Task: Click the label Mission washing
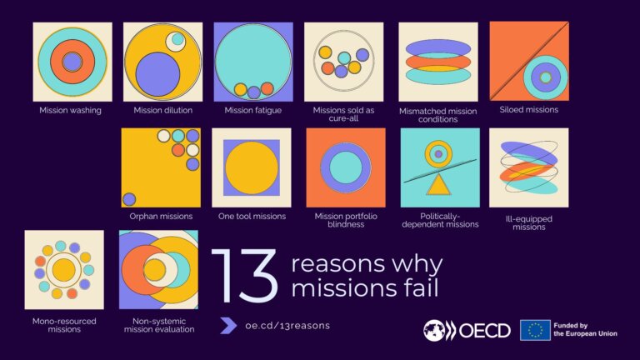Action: coord(70,110)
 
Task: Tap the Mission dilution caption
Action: coord(162,110)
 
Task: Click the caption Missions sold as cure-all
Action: coord(343,114)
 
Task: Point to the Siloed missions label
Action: coord(528,109)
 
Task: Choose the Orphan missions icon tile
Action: coord(161,167)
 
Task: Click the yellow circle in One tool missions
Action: coord(251,167)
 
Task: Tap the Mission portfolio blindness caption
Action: coord(344,221)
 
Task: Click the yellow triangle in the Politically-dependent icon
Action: coord(438,182)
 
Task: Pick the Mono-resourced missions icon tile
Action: coord(64,269)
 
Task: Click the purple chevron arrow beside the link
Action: coord(228,326)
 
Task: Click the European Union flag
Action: coord(534,330)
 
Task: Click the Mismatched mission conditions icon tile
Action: coord(437,62)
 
